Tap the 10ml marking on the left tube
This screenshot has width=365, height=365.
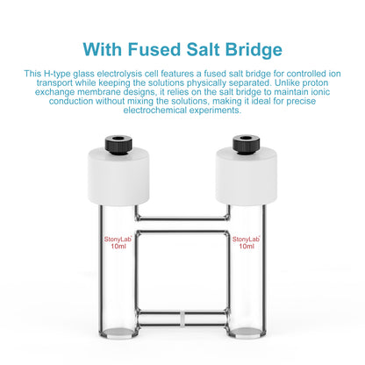118,247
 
